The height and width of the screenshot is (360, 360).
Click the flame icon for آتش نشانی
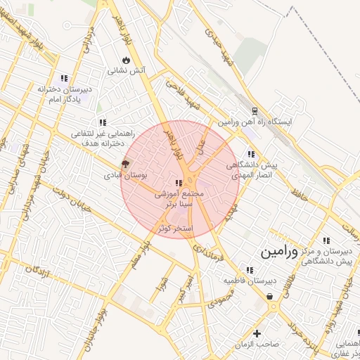coord(127,60)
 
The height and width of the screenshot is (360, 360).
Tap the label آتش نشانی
coord(127,70)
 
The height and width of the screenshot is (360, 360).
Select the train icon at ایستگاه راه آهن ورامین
coord(254,111)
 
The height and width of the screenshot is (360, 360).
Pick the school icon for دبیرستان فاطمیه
coord(249,270)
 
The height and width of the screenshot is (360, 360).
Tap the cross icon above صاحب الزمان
coord(257,333)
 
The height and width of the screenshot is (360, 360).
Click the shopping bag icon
coord(271,297)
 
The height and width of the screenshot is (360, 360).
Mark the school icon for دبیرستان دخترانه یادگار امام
coord(64,79)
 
